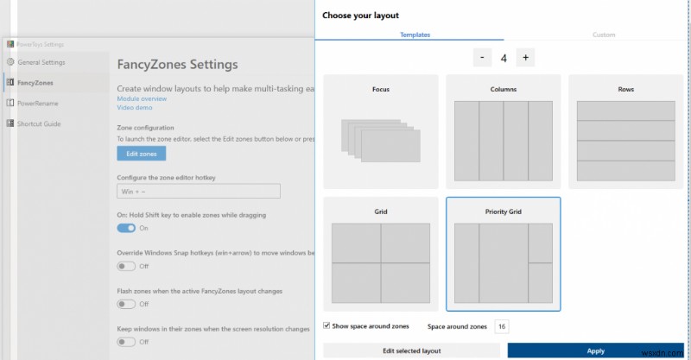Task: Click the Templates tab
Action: tap(415, 35)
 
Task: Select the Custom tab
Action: tap(604, 35)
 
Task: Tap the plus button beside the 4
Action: tap(525, 58)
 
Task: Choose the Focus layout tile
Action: tap(381, 131)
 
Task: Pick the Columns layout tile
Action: tap(504, 131)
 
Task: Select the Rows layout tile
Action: tap(626, 131)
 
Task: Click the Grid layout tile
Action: tap(381, 253)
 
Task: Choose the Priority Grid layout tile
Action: tap(504, 253)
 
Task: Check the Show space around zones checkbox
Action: tap(326, 325)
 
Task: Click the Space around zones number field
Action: tap(502, 326)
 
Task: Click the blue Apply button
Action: tap(595, 351)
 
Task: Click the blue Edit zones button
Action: tap(141, 154)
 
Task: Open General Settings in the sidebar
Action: tap(41, 62)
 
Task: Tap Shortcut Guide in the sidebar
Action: tap(39, 123)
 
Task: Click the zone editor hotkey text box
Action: tap(198, 191)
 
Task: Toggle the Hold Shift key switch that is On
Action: tap(126, 228)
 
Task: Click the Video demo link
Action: tap(134, 108)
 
